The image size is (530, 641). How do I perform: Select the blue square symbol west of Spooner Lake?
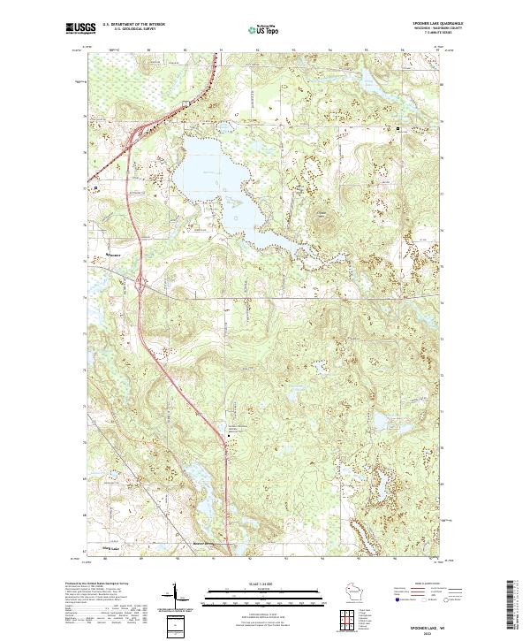click(96, 188)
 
